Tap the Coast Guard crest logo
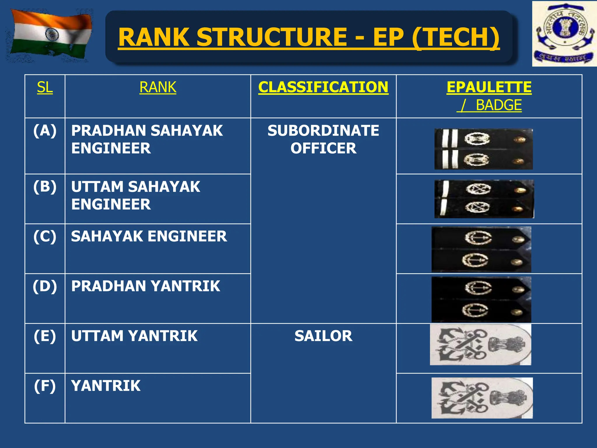click(x=564, y=34)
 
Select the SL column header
click(x=45, y=87)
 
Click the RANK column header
click(x=158, y=87)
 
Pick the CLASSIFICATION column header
click(x=323, y=87)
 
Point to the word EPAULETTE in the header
click(x=489, y=87)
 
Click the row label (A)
click(x=45, y=130)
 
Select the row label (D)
click(x=45, y=286)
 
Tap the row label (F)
click(x=45, y=386)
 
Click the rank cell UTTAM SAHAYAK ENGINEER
click(x=136, y=195)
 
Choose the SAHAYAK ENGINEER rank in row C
click(x=149, y=236)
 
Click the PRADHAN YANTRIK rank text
click(x=145, y=286)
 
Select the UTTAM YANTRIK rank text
click(x=134, y=336)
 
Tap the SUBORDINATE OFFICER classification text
click(x=323, y=139)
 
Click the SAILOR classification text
click(x=323, y=336)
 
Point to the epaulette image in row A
click(x=483, y=149)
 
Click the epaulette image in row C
click(x=481, y=249)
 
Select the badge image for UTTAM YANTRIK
click(x=480, y=344)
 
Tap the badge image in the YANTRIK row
click(x=482, y=398)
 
